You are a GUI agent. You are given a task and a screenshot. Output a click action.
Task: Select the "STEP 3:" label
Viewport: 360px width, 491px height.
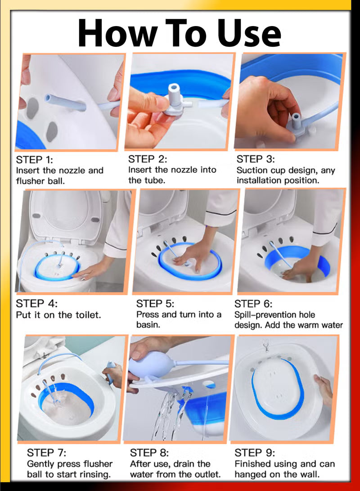coord(256,159)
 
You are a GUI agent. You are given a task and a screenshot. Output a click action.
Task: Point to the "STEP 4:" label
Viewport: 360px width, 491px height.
coord(37,303)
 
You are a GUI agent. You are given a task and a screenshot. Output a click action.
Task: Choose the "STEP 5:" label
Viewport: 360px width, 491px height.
coord(155,303)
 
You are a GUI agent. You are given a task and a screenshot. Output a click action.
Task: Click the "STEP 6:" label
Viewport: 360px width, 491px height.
coord(253,303)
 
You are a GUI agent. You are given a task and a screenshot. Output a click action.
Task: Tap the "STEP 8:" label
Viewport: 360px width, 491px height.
coord(149,452)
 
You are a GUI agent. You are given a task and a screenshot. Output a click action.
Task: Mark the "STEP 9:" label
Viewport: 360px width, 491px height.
coord(255,452)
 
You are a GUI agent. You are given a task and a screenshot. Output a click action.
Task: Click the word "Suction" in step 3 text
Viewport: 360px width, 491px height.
coord(253,171)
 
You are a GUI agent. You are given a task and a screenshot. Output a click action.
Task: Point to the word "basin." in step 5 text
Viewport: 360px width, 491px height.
coord(148,324)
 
